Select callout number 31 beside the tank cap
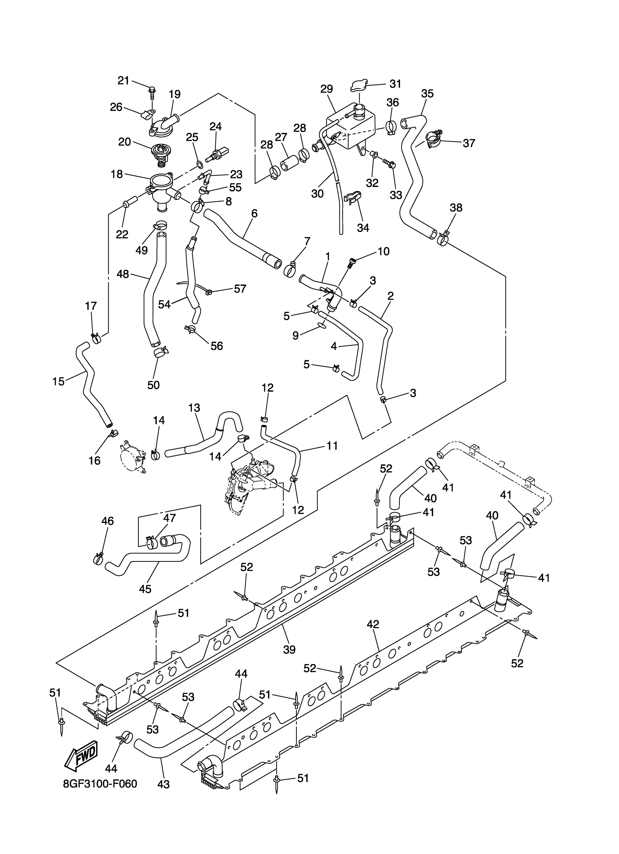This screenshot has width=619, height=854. pyautogui.click(x=395, y=84)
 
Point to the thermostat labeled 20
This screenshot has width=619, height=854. pyautogui.click(x=159, y=154)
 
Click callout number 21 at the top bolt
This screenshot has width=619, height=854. pyautogui.click(x=123, y=80)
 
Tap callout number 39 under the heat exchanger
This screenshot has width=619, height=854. pyautogui.click(x=289, y=650)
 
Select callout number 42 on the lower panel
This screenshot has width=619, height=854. pyautogui.click(x=373, y=624)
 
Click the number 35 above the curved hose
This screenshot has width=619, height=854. pyautogui.click(x=427, y=94)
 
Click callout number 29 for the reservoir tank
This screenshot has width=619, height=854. pyautogui.click(x=327, y=89)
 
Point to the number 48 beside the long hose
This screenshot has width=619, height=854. pyautogui.click(x=123, y=274)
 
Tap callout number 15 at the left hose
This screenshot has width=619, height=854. pyautogui.click(x=58, y=381)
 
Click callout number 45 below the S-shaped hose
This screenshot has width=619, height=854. pyautogui.click(x=145, y=589)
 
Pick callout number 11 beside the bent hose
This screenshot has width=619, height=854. pyautogui.click(x=332, y=445)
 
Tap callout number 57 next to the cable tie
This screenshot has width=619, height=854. pyautogui.click(x=240, y=289)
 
